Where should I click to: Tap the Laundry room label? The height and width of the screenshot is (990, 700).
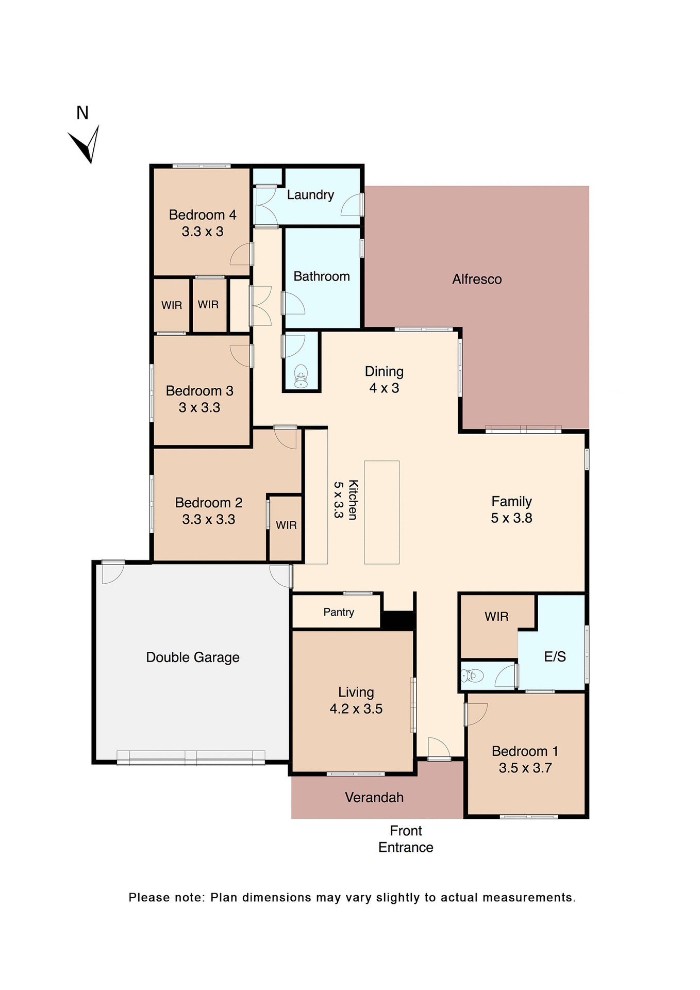(x=310, y=195)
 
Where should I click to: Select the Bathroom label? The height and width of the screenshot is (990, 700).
(x=322, y=276)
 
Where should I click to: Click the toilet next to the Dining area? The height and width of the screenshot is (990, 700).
(x=301, y=376)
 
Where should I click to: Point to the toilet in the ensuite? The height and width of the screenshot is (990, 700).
(x=472, y=675)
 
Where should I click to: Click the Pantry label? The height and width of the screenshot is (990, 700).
(x=339, y=612)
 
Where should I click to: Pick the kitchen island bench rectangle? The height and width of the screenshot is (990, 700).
(x=381, y=512)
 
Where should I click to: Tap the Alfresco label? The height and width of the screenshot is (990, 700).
(x=477, y=279)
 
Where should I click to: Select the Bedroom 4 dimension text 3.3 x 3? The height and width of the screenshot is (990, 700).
(x=203, y=232)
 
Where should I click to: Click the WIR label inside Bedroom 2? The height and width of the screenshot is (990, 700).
(x=286, y=525)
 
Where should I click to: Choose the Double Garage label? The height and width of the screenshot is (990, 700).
(x=193, y=657)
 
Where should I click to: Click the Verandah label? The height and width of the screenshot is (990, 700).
(x=374, y=798)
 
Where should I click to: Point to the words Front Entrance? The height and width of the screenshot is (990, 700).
(x=406, y=839)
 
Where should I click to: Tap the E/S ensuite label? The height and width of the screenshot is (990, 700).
(x=555, y=656)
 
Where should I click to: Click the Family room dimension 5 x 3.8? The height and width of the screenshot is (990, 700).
(x=511, y=518)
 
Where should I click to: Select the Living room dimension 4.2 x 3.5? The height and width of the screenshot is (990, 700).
(x=356, y=709)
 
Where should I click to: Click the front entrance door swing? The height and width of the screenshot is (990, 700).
(x=438, y=748)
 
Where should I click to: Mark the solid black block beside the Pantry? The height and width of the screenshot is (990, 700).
(x=398, y=620)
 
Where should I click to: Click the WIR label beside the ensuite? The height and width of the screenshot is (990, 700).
(x=496, y=617)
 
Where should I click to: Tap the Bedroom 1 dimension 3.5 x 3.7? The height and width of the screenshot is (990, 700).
(x=525, y=768)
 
